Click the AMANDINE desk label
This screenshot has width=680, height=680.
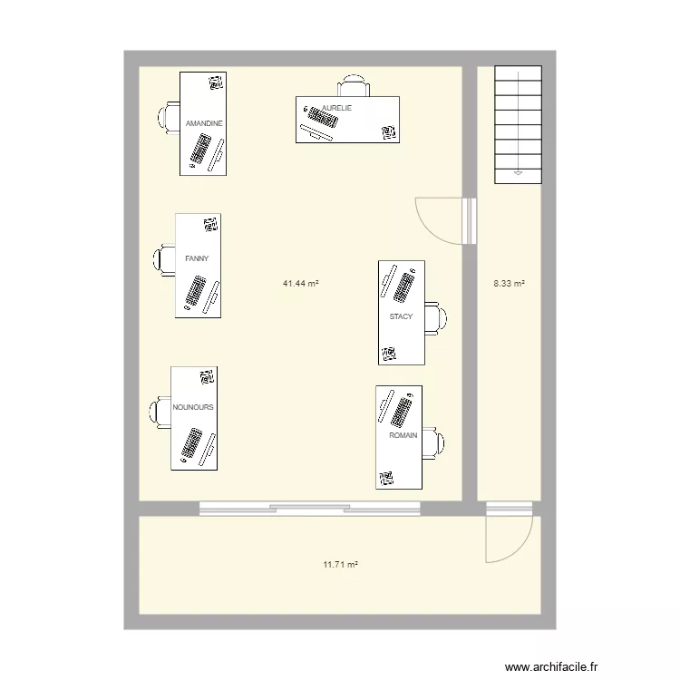pos(203,123)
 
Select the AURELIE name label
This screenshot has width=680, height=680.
pos(336,108)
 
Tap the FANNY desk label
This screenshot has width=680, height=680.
pos(197,259)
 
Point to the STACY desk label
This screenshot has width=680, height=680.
pos(401,317)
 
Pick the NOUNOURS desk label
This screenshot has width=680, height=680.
pos(193,408)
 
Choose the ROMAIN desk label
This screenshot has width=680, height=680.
pos(403,436)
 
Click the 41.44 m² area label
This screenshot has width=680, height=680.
pos(300,284)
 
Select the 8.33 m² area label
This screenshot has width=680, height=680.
pos(509,284)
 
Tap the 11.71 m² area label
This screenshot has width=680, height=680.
pos(340,565)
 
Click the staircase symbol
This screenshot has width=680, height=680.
pos(518,124)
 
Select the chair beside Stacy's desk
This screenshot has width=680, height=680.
pos(436,317)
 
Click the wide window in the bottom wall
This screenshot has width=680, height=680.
pos(310,509)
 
